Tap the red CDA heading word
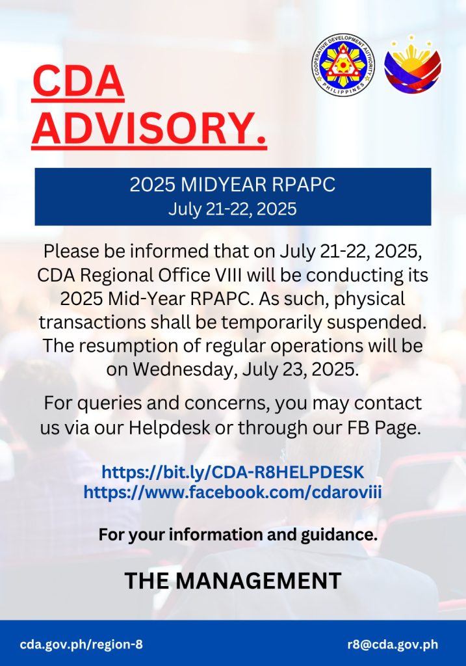point(78,81)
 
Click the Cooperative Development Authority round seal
point(343,64)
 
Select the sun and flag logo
point(413,64)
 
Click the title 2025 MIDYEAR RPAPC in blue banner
point(233,184)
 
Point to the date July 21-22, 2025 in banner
point(233,209)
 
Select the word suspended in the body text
point(376,323)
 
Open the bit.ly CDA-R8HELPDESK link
point(233,472)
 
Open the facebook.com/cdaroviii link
point(233,492)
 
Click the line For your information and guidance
point(238,535)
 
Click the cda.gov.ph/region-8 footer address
point(81,645)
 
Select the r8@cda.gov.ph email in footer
point(393,645)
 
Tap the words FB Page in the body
point(397,427)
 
